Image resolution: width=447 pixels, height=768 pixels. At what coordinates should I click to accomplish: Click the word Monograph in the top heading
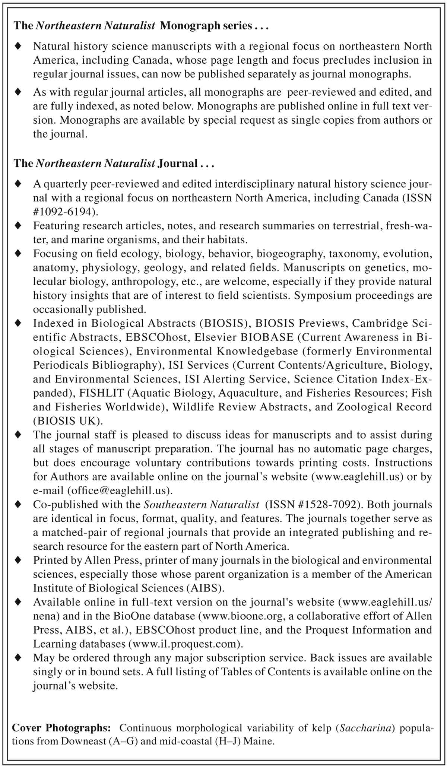click(190, 26)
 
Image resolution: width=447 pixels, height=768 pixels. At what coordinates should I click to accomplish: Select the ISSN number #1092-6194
click(65, 212)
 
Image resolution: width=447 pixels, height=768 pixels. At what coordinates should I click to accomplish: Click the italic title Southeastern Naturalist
click(201, 505)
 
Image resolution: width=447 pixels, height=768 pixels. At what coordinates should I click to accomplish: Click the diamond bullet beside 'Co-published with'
click(18, 505)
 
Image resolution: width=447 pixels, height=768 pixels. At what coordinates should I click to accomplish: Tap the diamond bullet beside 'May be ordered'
click(18, 658)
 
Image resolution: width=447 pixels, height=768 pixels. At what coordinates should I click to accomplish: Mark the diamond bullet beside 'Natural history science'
click(18, 46)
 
